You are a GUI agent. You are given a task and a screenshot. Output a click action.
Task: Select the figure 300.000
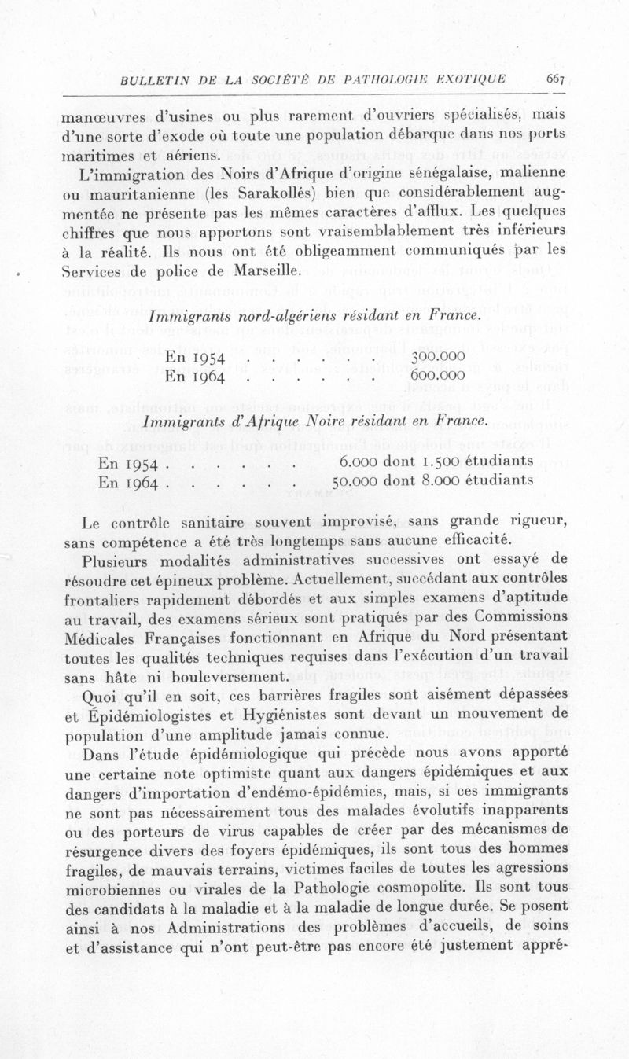[x=438, y=356]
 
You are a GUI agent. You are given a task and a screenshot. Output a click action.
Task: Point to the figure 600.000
[x=438, y=375]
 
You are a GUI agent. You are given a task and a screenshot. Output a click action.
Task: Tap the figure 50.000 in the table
[x=359, y=480]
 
